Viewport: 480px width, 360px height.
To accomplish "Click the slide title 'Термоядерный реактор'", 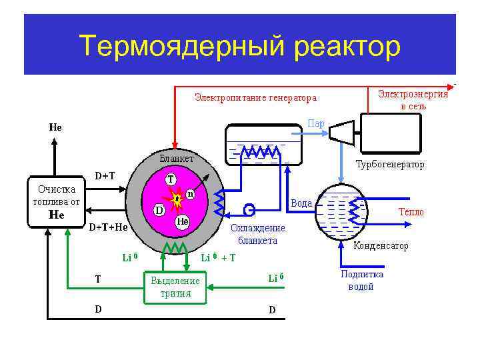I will (x=240, y=47).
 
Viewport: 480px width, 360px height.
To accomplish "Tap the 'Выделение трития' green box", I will (x=175, y=287).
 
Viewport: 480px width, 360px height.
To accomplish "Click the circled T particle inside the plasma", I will (x=171, y=179).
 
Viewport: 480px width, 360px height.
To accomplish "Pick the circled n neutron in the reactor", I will (x=190, y=193).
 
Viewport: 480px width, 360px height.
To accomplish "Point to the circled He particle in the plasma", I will (x=181, y=221).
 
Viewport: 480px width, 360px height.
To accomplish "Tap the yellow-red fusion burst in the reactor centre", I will (x=177, y=199).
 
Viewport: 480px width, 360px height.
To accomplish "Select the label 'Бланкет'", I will (x=177, y=159).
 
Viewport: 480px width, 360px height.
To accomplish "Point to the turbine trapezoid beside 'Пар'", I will (x=341, y=132).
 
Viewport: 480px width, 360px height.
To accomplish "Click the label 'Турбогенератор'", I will (x=390, y=164).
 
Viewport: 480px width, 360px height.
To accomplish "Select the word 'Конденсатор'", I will (x=381, y=246).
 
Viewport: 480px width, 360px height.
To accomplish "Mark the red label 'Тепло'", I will (x=411, y=212).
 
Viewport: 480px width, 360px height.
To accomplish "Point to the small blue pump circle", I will (x=249, y=209).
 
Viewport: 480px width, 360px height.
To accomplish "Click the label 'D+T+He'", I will (x=109, y=227).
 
